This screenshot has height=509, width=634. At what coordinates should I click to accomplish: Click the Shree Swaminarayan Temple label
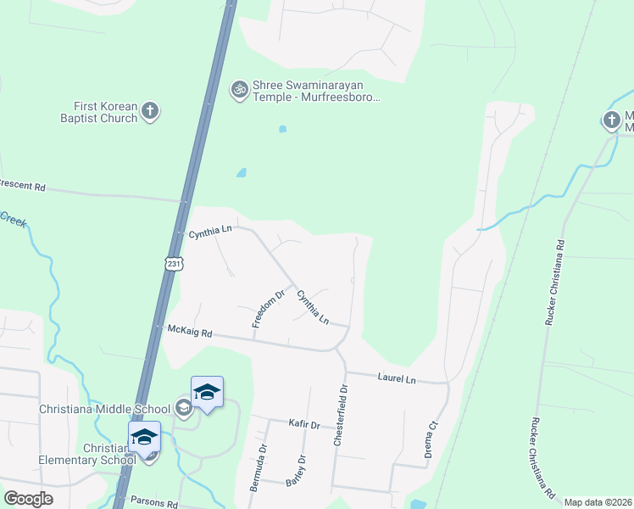coord(316,92)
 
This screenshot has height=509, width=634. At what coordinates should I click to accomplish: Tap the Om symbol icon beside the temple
coord(239,87)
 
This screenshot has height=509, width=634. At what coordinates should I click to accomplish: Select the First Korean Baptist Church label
coord(105,112)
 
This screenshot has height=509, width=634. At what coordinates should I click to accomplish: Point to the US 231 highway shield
coord(173,264)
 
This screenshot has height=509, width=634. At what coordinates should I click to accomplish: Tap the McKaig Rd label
coord(189,329)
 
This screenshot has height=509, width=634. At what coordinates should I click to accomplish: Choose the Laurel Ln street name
coord(398,379)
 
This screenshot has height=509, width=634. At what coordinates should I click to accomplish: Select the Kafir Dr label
coord(303,424)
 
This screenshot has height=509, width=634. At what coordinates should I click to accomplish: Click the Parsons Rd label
coord(153,502)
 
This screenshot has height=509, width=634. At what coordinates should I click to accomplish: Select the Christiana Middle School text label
coord(105,409)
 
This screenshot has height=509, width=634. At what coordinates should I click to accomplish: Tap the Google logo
coord(29,499)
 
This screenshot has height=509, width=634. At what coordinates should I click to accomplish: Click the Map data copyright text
coord(598,502)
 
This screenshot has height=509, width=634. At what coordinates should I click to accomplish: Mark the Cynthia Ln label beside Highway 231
coord(209,230)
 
